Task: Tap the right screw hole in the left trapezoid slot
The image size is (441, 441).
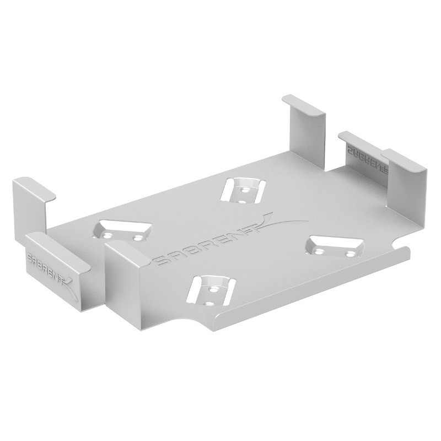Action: point(136,239)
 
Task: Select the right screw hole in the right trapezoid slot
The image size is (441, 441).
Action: point(349,254)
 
